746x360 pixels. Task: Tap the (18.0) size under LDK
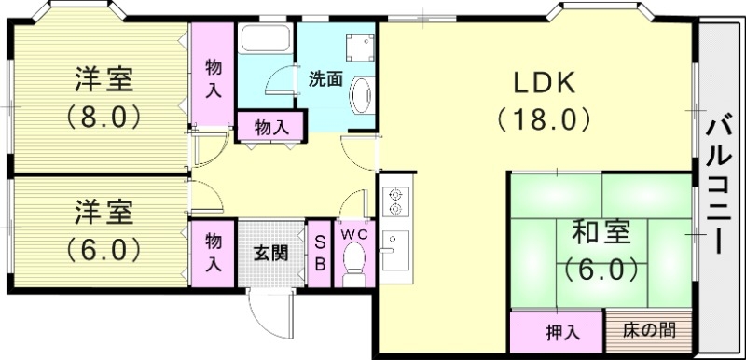[545, 119]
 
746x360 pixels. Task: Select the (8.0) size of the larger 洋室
[104, 118]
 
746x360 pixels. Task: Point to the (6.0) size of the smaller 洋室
[104, 249]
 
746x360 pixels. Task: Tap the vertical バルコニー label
[718, 184]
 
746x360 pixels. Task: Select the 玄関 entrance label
[270, 252]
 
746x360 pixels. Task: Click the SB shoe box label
[318, 252]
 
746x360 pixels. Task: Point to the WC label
[353, 234]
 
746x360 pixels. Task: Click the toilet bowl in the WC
[353, 270]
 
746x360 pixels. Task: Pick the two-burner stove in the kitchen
[394, 200]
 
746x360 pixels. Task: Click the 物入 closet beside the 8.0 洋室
[214, 78]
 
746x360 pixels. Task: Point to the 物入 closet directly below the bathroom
[270, 128]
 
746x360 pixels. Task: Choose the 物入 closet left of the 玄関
[214, 252]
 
